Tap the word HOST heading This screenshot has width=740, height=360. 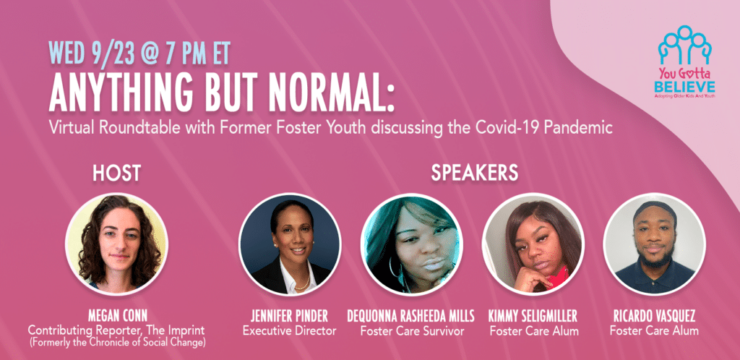tap(116, 173)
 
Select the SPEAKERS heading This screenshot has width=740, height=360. tap(475, 173)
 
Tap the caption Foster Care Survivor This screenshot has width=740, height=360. tap(410, 331)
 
